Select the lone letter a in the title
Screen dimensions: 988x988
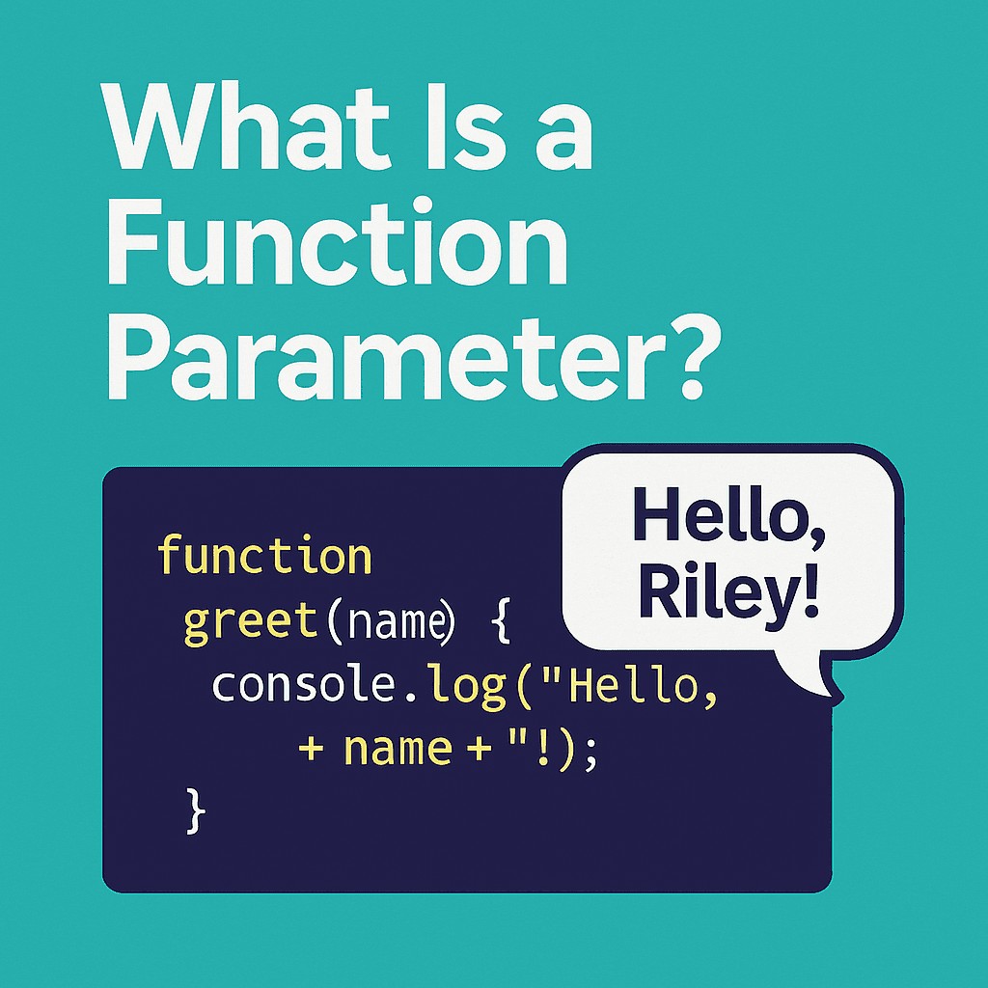point(560,135)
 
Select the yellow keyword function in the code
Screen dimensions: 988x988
point(264,557)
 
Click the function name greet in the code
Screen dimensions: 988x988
point(250,621)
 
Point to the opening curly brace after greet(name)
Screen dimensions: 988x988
point(498,622)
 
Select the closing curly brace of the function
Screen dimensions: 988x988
point(195,811)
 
